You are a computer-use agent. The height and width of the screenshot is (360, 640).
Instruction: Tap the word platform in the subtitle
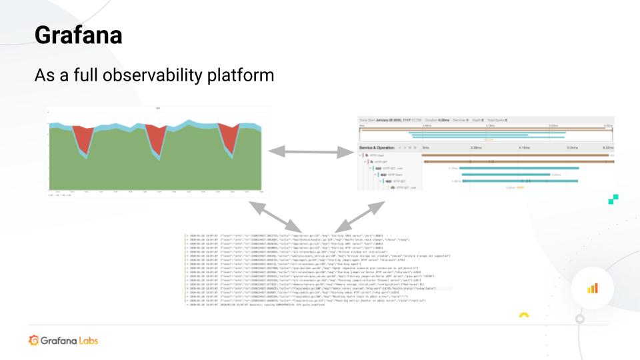click(x=241, y=75)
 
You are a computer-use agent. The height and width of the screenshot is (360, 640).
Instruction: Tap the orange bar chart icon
click(x=592, y=287)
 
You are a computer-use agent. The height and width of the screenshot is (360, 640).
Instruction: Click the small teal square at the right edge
click(x=614, y=198)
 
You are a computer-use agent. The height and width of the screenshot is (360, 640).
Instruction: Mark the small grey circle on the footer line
click(x=581, y=320)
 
